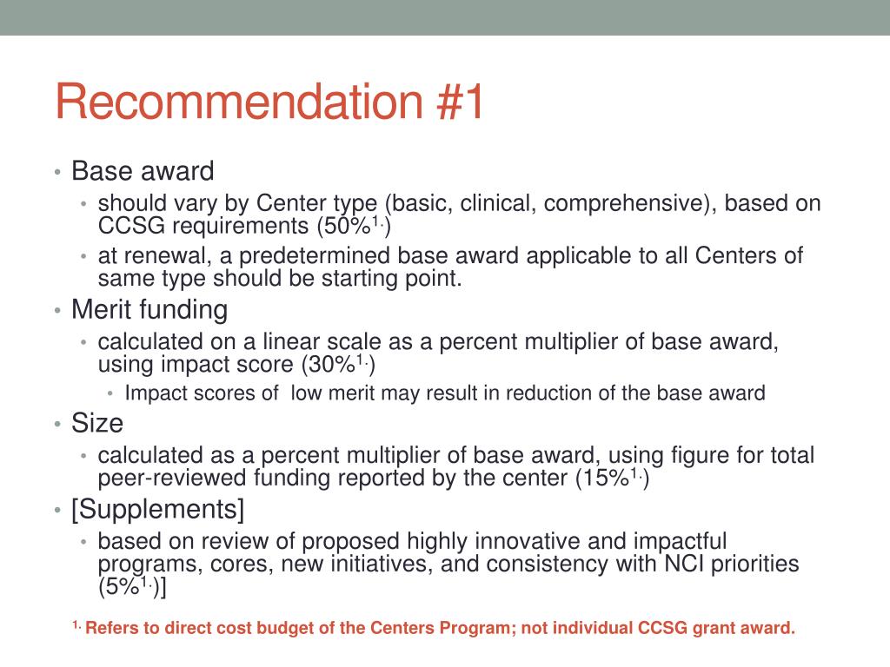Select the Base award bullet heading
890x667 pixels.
click(x=143, y=171)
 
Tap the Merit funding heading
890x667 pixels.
click(x=149, y=309)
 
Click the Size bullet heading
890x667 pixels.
click(x=97, y=423)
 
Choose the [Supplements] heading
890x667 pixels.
click(x=158, y=508)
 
